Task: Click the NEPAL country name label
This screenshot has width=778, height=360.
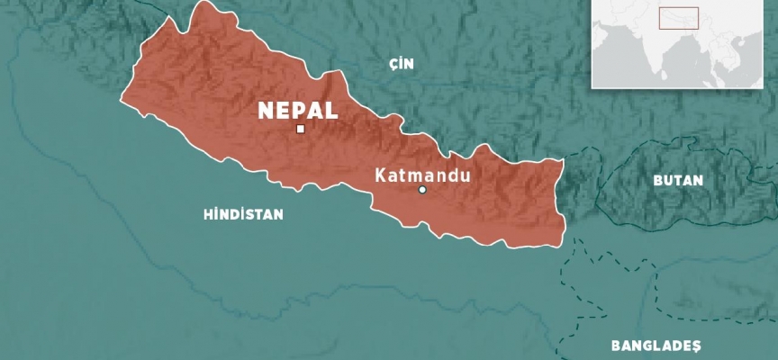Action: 298,111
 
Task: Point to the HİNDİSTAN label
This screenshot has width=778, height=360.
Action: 243,214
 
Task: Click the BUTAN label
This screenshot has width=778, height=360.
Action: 679,181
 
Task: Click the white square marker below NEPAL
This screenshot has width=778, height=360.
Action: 300,130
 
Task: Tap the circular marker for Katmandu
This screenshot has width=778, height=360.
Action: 421,190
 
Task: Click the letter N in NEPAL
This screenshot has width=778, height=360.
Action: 266,111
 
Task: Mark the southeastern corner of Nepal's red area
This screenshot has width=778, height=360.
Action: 562,243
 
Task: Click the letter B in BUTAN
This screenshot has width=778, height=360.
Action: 658,181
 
